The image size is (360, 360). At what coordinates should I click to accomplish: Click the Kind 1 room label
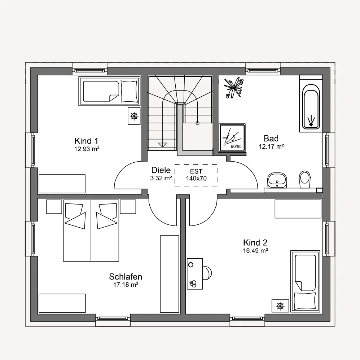click(x=86, y=141)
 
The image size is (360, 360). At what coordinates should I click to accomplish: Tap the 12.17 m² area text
click(x=271, y=146)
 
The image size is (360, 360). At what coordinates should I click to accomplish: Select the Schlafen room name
click(x=126, y=277)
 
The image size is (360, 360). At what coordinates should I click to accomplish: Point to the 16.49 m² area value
click(x=255, y=251)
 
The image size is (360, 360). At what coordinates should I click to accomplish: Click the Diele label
click(x=161, y=170)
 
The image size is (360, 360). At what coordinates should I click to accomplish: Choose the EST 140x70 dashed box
click(x=196, y=175)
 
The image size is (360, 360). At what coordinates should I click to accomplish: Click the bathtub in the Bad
click(x=311, y=104)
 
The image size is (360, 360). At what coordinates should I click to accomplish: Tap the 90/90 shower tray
click(x=232, y=138)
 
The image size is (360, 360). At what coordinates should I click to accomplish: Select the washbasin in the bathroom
click(x=277, y=180)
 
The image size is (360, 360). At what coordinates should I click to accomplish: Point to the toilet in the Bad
click(x=305, y=180)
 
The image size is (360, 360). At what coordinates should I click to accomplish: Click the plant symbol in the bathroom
click(x=234, y=88)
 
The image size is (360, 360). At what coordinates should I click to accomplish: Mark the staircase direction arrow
click(x=162, y=145)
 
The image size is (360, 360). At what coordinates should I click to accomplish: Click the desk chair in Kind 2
click(x=207, y=273)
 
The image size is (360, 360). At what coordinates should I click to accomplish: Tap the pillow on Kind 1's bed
click(x=129, y=91)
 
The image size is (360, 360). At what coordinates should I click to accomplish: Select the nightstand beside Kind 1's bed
click(x=134, y=116)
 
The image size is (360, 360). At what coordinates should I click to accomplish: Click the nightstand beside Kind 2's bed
click(x=280, y=306)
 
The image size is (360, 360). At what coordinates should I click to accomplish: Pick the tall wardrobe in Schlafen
click(x=170, y=274)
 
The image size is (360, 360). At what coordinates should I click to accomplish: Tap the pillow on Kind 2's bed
click(x=305, y=301)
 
